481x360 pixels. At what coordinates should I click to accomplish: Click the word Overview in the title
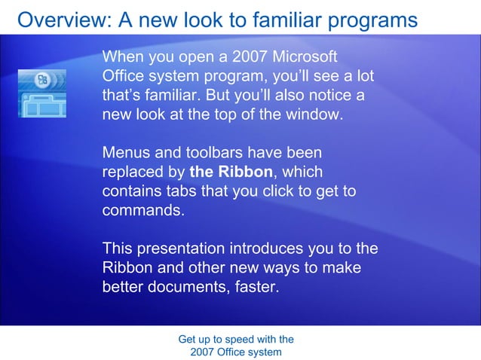coord(57,20)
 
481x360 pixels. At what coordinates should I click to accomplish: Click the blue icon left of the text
coord(42,93)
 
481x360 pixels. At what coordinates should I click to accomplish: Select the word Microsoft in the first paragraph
coord(300,57)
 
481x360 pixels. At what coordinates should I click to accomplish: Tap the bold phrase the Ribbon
coord(231,172)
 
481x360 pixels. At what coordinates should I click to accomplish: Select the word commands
coord(142,211)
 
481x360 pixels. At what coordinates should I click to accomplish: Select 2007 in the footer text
coord(204,352)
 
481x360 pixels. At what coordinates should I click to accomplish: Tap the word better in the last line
coord(124,287)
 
